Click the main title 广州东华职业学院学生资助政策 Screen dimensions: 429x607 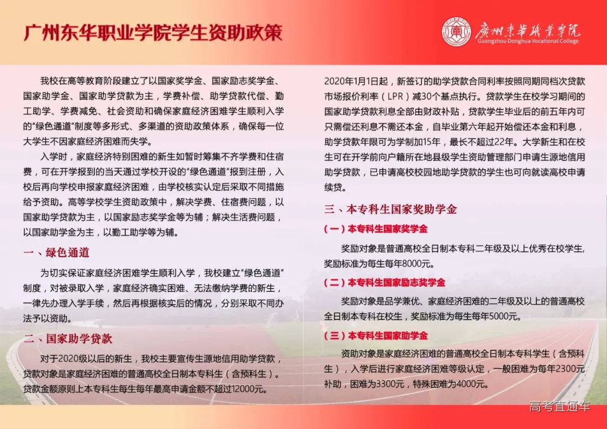152,32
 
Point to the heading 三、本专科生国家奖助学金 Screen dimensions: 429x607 391,209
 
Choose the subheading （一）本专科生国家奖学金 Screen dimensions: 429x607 375,229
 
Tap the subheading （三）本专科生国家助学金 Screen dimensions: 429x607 375,336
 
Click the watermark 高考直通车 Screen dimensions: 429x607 560,407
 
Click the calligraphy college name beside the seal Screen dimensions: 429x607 528,29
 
